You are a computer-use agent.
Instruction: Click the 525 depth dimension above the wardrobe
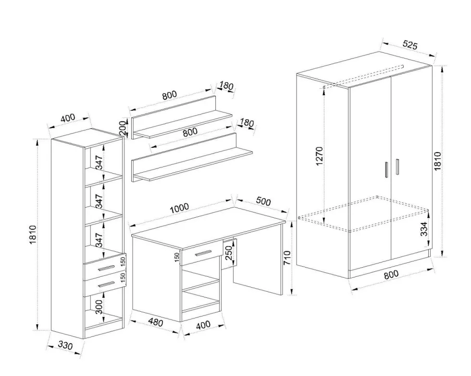[x=410, y=45]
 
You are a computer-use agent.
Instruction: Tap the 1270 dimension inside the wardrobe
[x=319, y=156]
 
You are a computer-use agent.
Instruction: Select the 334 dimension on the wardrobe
[x=423, y=229]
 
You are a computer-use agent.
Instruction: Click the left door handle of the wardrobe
[x=386, y=170]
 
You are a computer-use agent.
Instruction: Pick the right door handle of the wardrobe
[x=397, y=167]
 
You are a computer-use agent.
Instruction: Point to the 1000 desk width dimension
[x=179, y=208]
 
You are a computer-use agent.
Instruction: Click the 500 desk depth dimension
[x=263, y=201]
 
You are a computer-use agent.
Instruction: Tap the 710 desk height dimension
[x=287, y=258]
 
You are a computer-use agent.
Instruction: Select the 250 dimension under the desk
[x=229, y=253]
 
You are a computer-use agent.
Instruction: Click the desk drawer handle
[x=203, y=253]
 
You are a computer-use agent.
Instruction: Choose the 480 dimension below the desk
[x=156, y=323]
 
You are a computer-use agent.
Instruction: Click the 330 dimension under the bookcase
[x=65, y=345]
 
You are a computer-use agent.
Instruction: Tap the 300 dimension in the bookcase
[x=99, y=307]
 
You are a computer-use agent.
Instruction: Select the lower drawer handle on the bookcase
[x=107, y=283]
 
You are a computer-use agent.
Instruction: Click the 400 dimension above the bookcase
[x=68, y=118]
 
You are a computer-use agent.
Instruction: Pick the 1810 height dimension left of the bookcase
[x=33, y=235]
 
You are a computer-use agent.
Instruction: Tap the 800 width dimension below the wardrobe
[x=391, y=274]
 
